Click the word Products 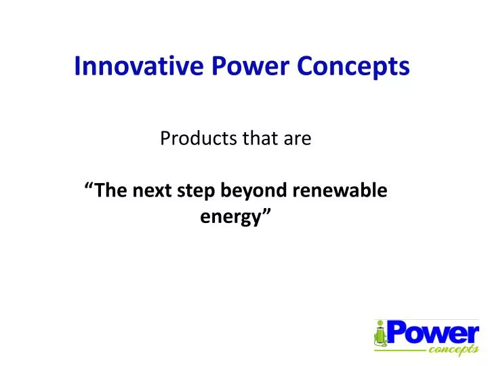191,139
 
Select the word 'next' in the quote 152,191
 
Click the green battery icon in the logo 380,335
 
